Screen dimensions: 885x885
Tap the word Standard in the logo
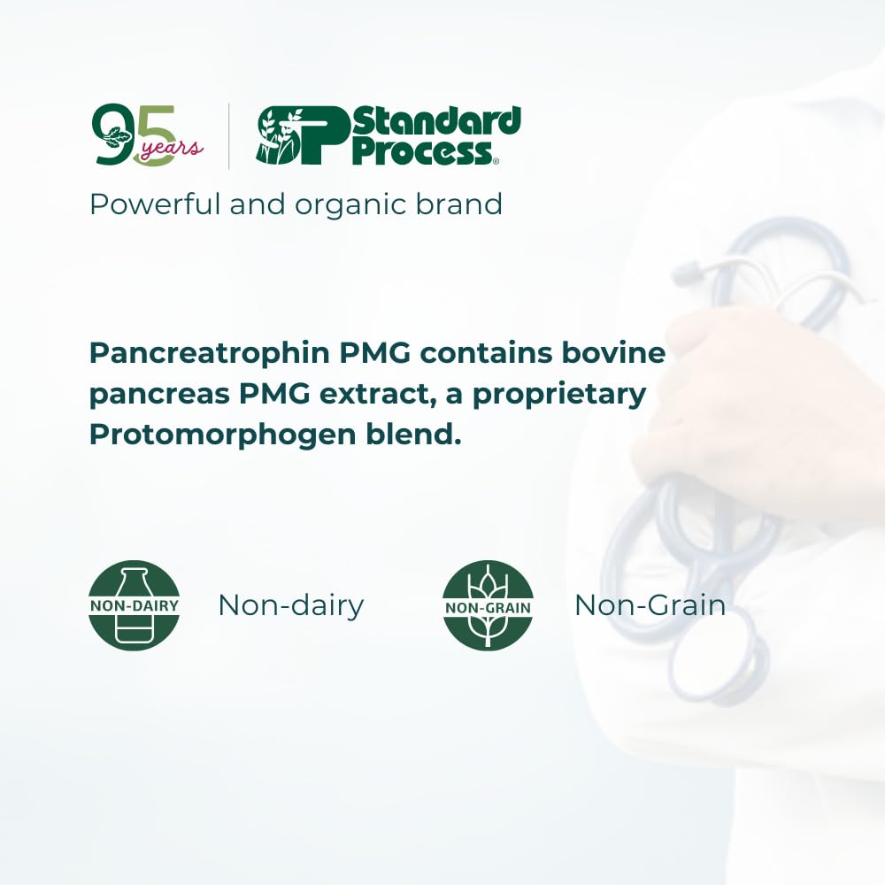[436, 121]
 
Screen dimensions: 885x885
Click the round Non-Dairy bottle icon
[135, 605]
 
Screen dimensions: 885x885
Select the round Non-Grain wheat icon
[488, 605]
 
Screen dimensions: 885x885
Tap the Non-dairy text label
[290, 605]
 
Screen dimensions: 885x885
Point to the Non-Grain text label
[650, 605]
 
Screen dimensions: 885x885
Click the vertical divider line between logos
[229, 136]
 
